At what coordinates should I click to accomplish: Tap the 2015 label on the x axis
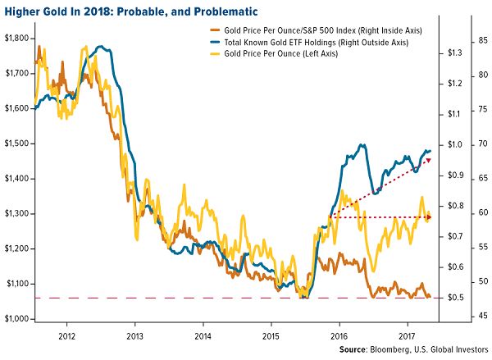point(271,336)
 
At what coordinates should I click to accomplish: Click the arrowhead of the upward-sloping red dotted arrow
point(430,157)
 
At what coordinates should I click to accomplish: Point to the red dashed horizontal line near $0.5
point(164,298)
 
